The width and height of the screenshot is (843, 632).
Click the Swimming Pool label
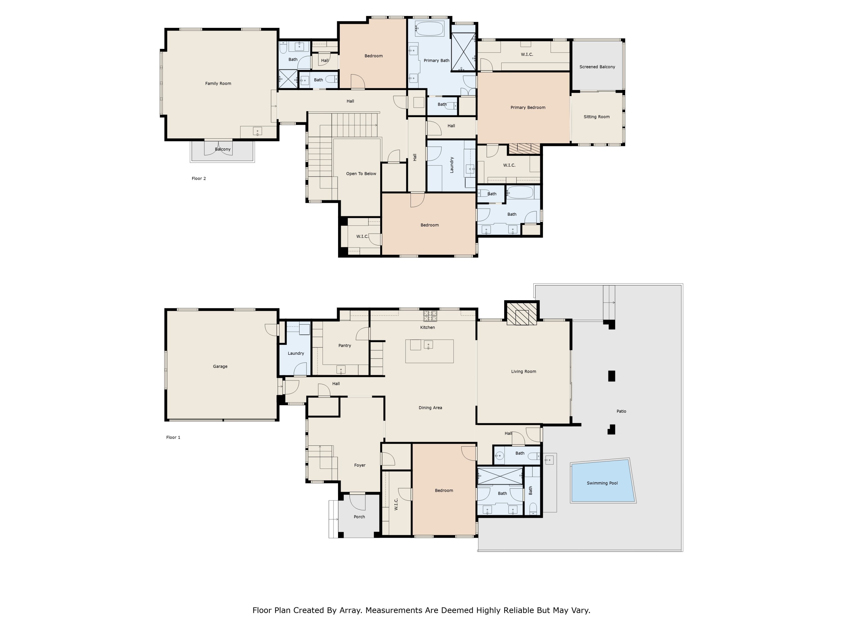pyautogui.click(x=602, y=483)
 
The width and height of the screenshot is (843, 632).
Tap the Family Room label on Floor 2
pyautogui.click(x=218, y=83)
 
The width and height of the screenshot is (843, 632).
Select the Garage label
pyautogui.click(x=220, y=367)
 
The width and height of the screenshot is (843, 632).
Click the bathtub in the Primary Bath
pyautogui.click(x=429, y=29)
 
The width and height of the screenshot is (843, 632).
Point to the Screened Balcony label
pyautogui.click(x=597, y=67)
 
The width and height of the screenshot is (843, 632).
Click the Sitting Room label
pyautogui.click(x=597, y=117)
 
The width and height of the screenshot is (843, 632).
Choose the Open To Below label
pyautogui.click(x=361, y=174)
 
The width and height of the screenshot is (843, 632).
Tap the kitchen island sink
pyautogui.click(x=428, y=345)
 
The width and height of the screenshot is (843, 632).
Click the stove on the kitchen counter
pyautogui.click(x=430, y=316)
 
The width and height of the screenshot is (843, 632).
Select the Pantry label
pyautogui.click(x=345, y=345)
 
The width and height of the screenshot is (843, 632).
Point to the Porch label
pyautogui.click(x=359, y=517)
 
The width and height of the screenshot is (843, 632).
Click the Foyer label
pyautogui.click(x=360, y=465)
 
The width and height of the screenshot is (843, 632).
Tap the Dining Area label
pyautogui.click(x=430, y=408)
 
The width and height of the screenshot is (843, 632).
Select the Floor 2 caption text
pyautogui.click(x=199, y=178)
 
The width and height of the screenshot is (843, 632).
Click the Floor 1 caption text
pyautogui.click(x=173, y=437)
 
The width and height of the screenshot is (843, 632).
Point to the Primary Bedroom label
pyautogui.click(x=528, y=107)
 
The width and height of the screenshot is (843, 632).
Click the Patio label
pyautogui.click(x=621, y=411)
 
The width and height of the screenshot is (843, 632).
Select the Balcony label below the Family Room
pyautogui.click(x=223, y=149)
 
